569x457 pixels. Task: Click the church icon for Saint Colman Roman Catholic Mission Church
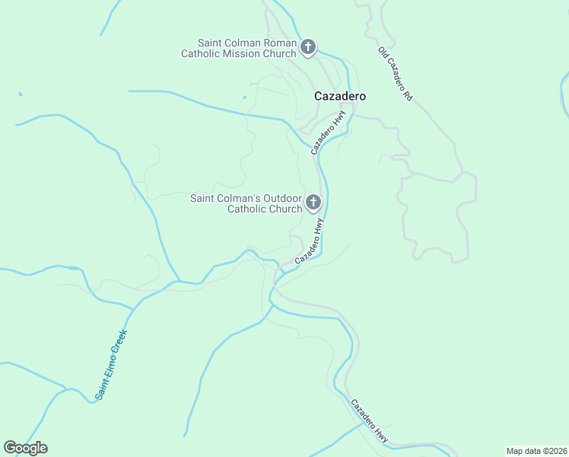coord(308,48)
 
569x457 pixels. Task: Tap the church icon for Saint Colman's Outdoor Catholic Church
coord(313,203)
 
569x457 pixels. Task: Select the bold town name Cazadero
coord(340,97)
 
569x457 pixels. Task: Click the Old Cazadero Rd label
coord(396,74)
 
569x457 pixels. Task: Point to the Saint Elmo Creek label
coord(110,364)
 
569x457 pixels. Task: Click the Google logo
coord(25,448)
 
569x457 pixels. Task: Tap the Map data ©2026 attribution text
coord(536,450)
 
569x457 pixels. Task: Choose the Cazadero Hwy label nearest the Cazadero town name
coord(329,133)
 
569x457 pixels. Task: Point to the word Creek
coord(120,340)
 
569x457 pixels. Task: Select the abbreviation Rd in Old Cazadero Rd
coord(407,97)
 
